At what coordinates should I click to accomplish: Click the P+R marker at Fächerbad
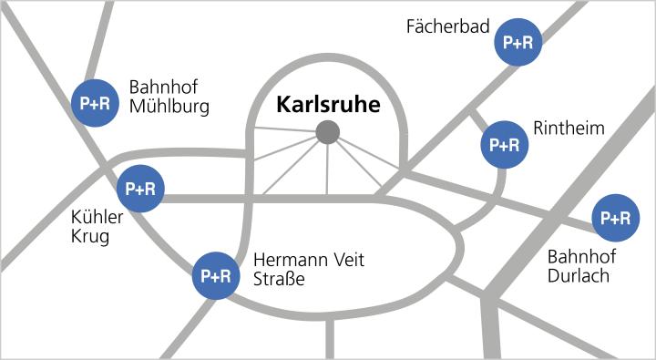(518, 42)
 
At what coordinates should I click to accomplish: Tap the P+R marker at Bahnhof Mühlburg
(95, 103)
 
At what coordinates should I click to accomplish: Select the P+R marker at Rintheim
(504, 144)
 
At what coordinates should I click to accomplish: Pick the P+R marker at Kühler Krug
(140, 189)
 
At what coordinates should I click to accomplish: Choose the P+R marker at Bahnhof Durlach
(616, 219)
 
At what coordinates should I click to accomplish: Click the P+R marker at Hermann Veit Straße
(216, 275)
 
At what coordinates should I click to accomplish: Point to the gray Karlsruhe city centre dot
(327, 133)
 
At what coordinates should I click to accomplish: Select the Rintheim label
(569, 129)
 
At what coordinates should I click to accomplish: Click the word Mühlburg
(169, 107)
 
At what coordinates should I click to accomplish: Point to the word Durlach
(579, 275)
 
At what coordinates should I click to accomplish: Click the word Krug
(89, 237)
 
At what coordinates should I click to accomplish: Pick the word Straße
(279, 278)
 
